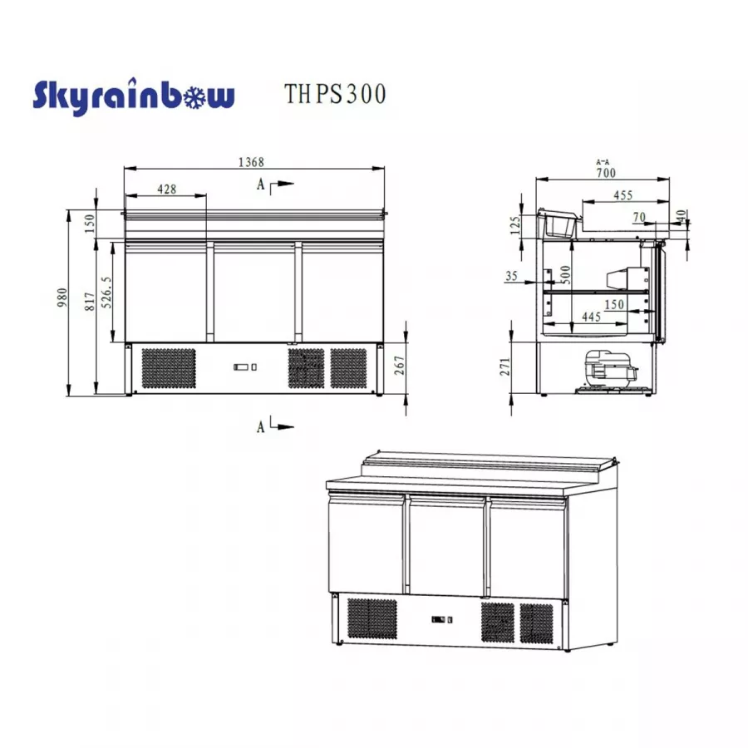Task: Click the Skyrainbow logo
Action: pos(133,96)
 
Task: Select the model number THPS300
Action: pos(335,94)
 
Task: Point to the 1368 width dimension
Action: pos(253,163)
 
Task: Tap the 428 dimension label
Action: pos(166,189)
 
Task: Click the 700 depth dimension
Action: pos(605,173)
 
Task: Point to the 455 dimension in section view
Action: pos(623,195)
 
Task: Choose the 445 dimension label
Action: pos(592,317)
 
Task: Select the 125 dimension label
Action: pos(515,224)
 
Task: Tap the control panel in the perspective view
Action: pos(441,619)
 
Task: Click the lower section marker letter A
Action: pos(261,426)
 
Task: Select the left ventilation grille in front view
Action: pos(169,367)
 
